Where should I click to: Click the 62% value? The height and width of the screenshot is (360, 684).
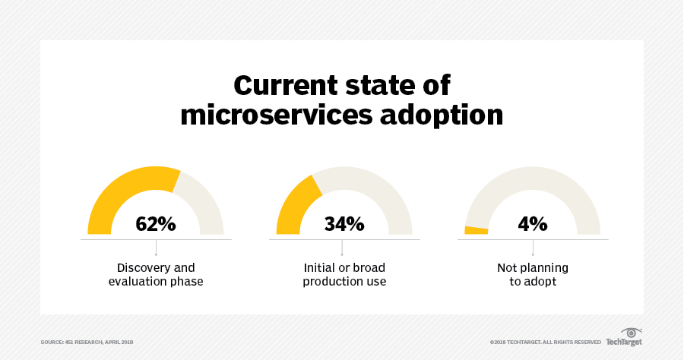click(156, 224)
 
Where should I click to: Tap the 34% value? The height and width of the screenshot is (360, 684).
click(344, 224)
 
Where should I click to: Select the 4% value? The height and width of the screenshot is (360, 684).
click(533, 224)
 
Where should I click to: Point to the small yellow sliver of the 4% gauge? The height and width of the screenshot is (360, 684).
click(476, 230)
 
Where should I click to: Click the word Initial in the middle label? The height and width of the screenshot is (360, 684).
click(320, 267)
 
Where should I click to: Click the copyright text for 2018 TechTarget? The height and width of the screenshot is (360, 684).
click(546, 343)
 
